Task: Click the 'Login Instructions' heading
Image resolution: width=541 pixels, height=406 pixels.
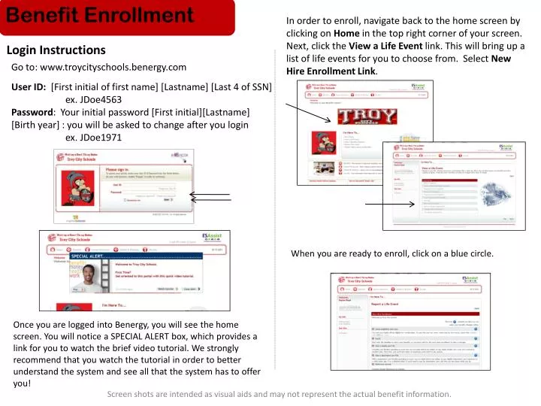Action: point(56,50)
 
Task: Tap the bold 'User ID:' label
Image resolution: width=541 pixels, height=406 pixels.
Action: point(29,86)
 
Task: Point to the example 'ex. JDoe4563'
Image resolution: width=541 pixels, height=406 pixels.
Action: point(94,99)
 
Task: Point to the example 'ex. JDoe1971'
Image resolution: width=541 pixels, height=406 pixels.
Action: point(94,138)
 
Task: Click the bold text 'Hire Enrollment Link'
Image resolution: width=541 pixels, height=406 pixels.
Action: point(331,72)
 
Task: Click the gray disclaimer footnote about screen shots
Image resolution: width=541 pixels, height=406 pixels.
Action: point(280,394)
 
